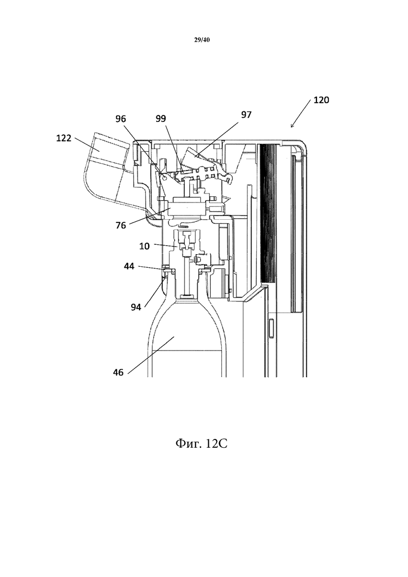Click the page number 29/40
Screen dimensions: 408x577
point(201,40)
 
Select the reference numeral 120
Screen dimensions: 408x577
point(321,100)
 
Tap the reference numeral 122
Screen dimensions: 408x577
point(64,138)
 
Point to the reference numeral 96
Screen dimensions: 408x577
point(121,119)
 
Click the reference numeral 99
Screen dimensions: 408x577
point(161,119)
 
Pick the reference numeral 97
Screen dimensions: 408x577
point(246,115)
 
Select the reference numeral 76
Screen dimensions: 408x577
point(121,225)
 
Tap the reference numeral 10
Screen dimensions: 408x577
point(144,246)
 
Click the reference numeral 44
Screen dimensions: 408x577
point(129,266)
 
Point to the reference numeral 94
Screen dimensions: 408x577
point(136,307)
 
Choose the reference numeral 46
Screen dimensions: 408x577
point(118,372)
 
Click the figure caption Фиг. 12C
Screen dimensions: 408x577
point(201,444)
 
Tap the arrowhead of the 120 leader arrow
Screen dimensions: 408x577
point(292,127)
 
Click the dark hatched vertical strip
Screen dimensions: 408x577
point(265,213)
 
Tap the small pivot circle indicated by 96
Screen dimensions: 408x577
point(164,178)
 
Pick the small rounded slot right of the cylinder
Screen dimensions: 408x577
point(272,329)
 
